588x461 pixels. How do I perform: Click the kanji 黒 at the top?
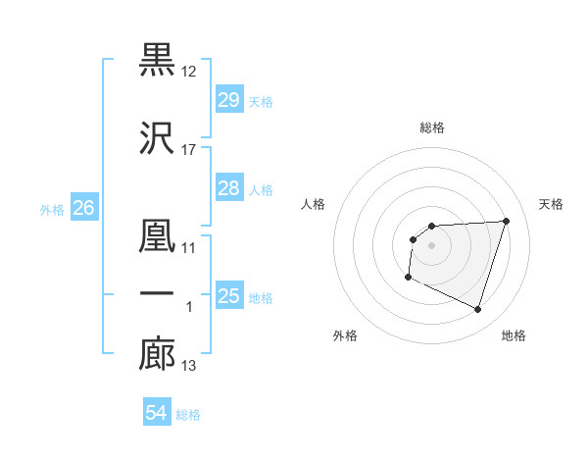(x=158, y=59)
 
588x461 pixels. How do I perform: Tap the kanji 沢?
(x=158, y=137)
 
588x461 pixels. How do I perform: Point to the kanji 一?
(x=158, y=294)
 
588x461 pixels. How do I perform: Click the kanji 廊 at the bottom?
(x=158, y=354)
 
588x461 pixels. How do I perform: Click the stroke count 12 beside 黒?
(x=189, y=72)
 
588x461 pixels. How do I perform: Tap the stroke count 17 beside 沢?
(x=189, y=150)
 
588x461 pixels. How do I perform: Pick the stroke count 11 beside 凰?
(x=189, y=248)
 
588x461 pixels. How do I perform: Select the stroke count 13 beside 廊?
(x=189, y=367)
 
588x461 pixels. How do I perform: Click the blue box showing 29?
(x=228, y=100)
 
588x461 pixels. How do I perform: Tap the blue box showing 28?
(x=228, y=188)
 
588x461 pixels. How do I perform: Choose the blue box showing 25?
(x=228, y=296)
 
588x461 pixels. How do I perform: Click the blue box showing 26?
(x=84, y=208)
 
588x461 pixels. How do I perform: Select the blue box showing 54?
(x=156, y=414)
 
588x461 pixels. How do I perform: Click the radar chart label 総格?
(x=432, y=128)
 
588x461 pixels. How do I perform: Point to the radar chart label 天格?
(x=552, y=204)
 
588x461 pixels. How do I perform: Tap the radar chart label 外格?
(x=345, y=335)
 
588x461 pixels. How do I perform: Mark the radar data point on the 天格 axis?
(x=506, y=221)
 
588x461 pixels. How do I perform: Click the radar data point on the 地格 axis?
(x=478, y=310)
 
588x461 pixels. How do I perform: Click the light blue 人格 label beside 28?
(x=261, y=189)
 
